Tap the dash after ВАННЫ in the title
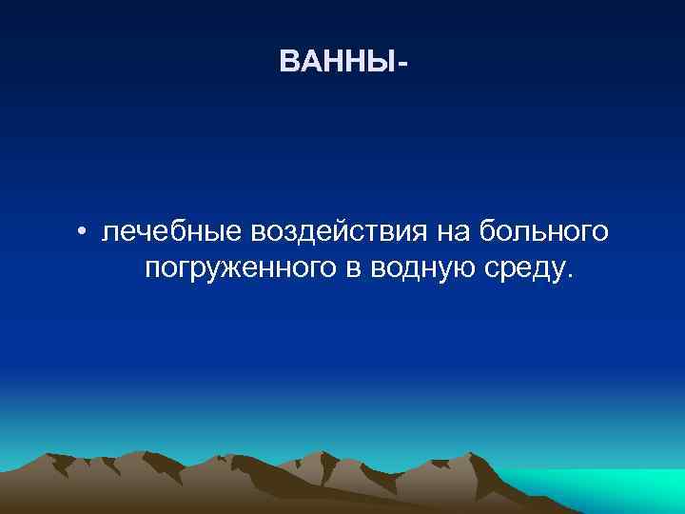point(407,64)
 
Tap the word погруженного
point(240,269)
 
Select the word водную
point(415,269)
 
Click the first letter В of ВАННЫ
point(289,63)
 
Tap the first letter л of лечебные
point(109,233)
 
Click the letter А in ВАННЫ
point(310,63)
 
